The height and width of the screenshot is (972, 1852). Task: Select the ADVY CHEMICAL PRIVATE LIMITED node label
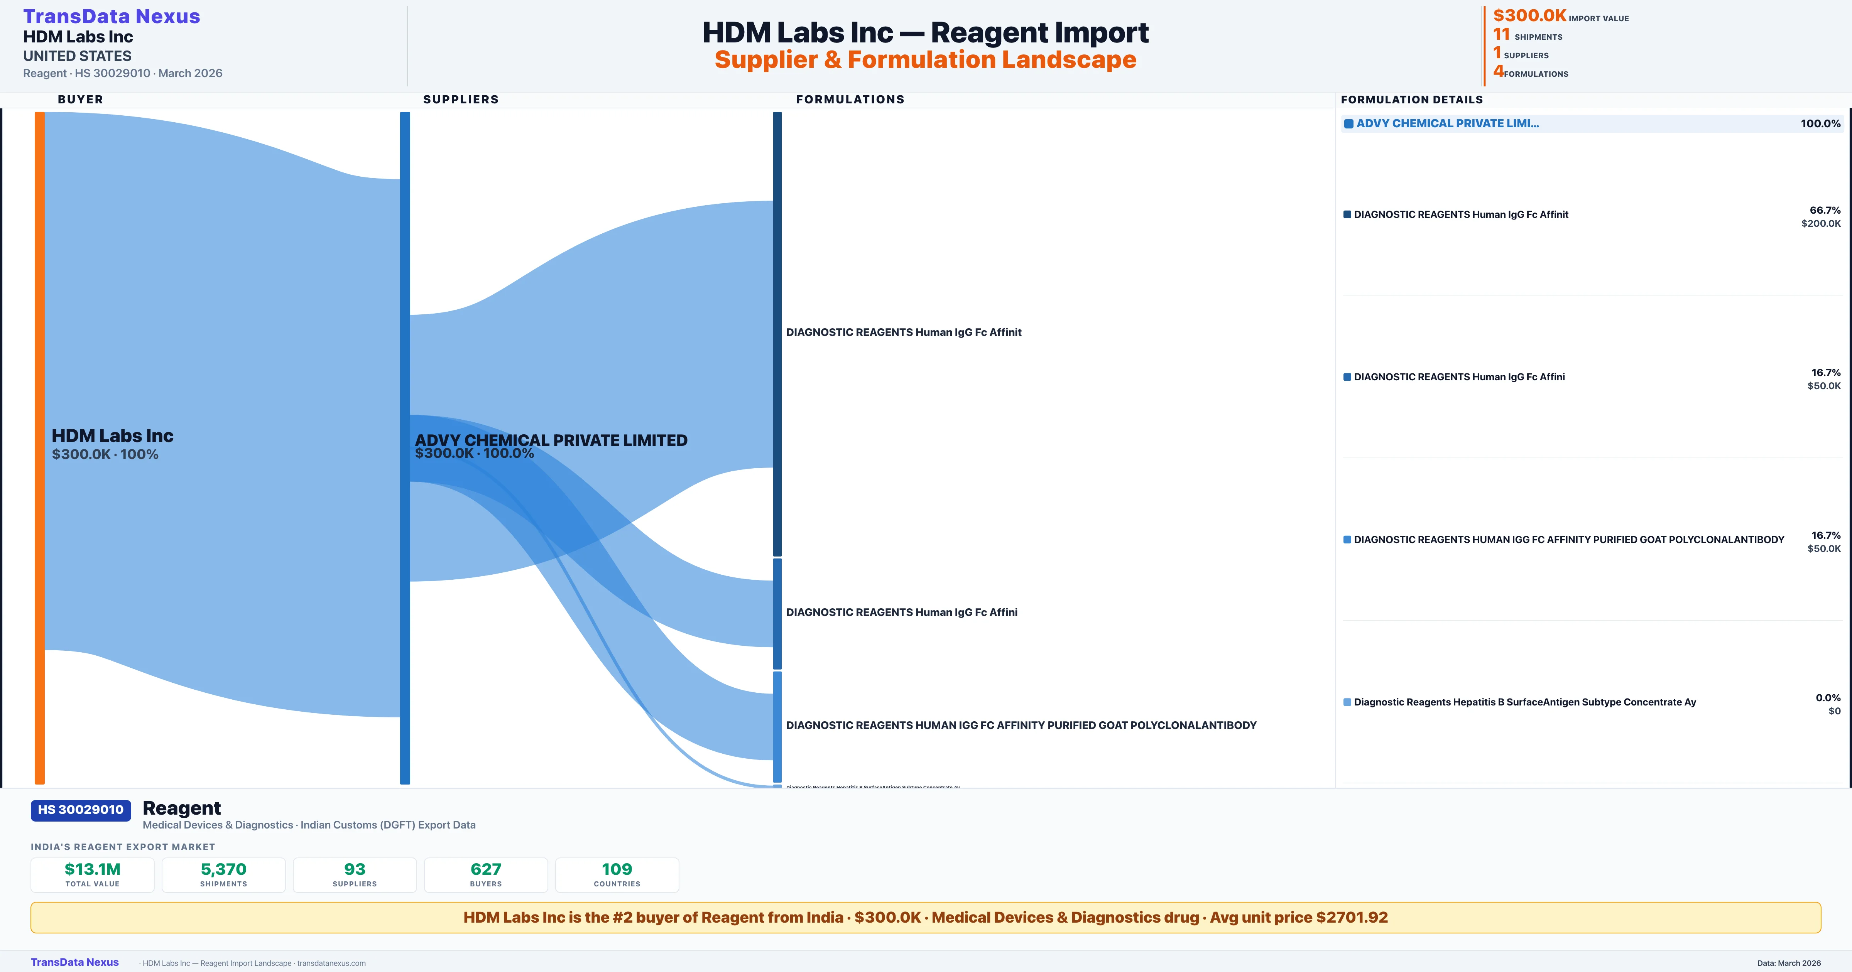(x=551, y=440)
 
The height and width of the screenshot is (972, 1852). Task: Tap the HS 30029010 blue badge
(x=81, y=810)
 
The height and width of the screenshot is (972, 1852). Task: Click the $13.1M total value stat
(x=93, y=869)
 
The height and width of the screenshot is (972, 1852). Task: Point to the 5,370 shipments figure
(x=224, y=869)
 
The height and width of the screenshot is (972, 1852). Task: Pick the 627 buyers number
(x=486, y=869)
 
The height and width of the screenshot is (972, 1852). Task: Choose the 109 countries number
(x=617, y=869)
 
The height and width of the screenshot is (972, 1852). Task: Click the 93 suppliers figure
(x=355, y=869)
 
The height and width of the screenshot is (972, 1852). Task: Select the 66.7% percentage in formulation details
(x=1825, y=210)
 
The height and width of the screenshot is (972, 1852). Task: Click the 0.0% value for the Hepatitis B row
(x=1828, y=697)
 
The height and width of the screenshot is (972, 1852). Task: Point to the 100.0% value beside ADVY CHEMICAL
(x=1820, y=124)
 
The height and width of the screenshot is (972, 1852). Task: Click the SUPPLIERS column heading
(x=461, y=99)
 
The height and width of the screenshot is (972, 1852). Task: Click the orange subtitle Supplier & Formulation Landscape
(x=925, y=60)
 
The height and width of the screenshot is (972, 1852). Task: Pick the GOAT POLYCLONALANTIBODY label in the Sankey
(x=1021, y=725)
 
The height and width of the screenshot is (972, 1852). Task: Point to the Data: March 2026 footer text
(x=1789, y=963)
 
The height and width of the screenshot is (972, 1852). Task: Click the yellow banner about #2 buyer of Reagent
(x=925, y=917)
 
